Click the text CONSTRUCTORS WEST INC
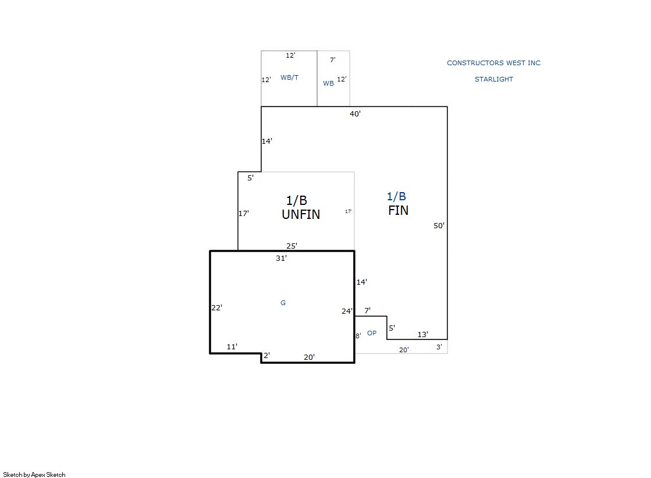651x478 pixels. [x=494, y=63]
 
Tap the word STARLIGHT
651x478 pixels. [x=494, y=79]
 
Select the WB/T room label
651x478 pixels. [x=289, y=77]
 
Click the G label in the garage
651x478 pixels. [x=283, y=303]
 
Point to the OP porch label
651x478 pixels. [x=372, y=333]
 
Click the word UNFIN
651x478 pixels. [x=301, y=214]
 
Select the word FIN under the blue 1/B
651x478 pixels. [x=398, y=210]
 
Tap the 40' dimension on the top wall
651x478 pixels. [x=355, y=114]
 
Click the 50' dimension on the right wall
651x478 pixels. [x=439, y=226]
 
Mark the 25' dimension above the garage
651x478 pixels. [x=291, y=246]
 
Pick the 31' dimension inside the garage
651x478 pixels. [x=281, y=258]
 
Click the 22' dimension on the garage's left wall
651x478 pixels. [x=217, y=307]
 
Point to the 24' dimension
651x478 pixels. [x=347, y=311]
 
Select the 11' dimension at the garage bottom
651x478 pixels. [x=232, y=346]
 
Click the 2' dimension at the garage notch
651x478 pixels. [x=266, y=355]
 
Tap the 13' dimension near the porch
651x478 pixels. [x=422, y=334]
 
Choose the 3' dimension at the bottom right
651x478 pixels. [x=439, y=346]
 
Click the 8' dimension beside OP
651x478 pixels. [x=358, y=336]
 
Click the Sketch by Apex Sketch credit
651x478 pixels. [x=34, y=475]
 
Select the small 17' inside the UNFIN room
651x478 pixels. [x=348, y=211]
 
